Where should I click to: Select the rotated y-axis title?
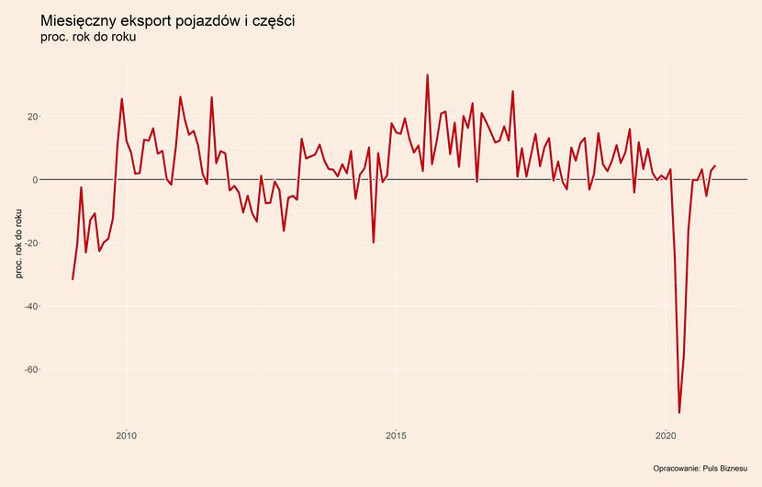point(19,243)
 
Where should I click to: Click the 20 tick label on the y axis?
point(31,117)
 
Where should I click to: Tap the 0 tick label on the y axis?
point(34,180)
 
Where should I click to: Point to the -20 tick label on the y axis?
point(29,243)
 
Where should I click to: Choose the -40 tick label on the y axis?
point(29,306)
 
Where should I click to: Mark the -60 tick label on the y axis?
point(29,369)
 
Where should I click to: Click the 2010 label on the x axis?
point(127,435)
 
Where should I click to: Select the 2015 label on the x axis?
point(397,435)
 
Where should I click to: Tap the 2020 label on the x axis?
point(667,435)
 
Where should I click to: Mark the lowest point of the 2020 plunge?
point(679,413)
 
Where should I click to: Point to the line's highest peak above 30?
point(428,75)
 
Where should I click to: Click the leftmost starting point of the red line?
point(73,279)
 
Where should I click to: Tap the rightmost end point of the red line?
point(715,166)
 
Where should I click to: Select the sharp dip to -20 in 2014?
point(374,243)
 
